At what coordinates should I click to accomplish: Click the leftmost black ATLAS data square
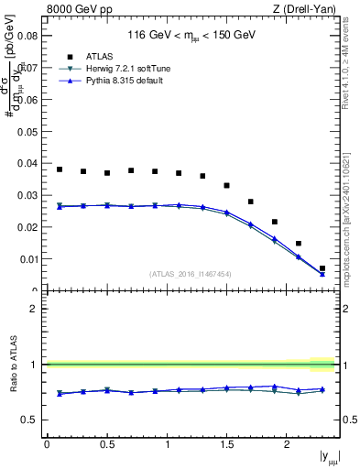pyautogui.click(x=60, y=169)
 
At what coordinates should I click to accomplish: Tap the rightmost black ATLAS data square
pyautogui.click(x=322, y=268)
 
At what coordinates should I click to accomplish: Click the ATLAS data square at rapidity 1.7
pyautogui.click(x=250, y=202)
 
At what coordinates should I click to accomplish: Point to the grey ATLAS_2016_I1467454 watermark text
pyautogui.click(x=191, y=274)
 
